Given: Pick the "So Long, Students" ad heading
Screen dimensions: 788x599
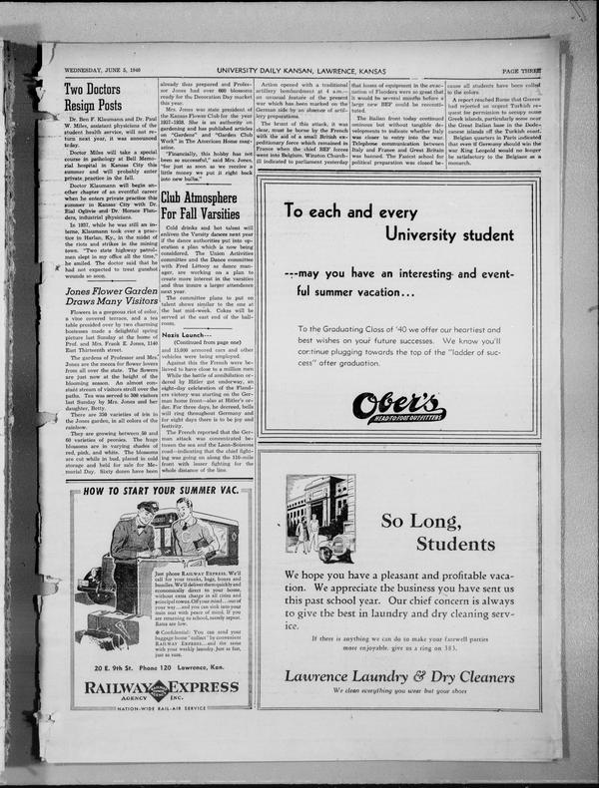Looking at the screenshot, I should coord(428,532).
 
